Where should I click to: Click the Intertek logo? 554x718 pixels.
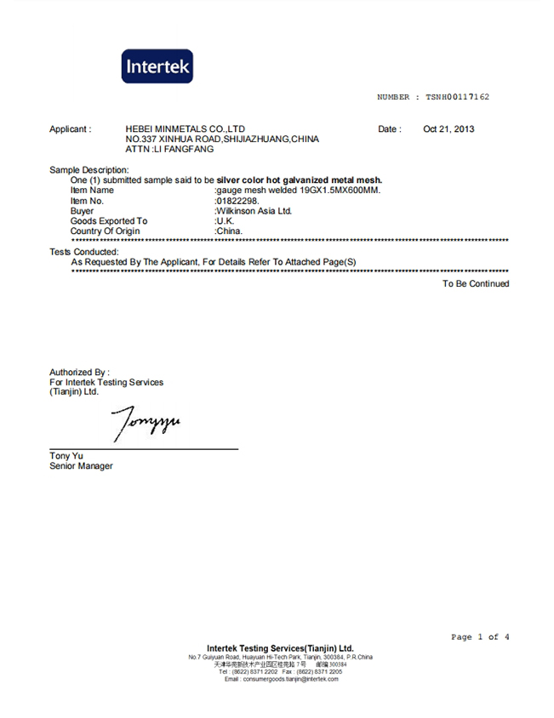pos(157,66)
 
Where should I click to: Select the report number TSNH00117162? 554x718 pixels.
pos(457,97)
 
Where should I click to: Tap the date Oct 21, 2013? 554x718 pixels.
pos(448,129)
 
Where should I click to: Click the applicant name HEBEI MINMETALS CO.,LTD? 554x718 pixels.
pos(186,129)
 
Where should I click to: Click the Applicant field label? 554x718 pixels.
pos(70,129)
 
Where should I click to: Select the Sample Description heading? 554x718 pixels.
pos(89,170)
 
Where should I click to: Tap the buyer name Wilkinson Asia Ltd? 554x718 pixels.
pos(254,211)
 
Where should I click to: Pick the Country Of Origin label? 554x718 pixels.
pos(105,231)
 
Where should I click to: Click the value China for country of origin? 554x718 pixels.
pos(230,231)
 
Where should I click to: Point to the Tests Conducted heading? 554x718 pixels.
pos(83,252)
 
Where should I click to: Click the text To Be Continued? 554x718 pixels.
pos(475,284)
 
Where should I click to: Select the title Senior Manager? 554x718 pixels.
pos(81,466)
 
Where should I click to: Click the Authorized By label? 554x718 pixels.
pos(79,372)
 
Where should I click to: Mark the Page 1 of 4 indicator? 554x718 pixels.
pos(480,637)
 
